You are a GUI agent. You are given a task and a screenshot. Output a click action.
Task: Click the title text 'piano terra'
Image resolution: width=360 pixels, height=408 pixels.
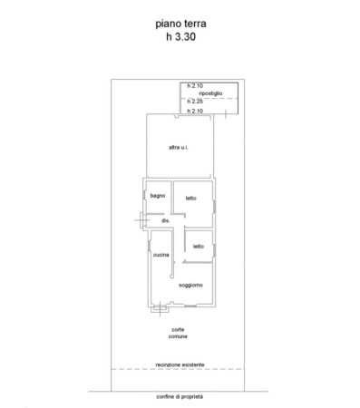pyautogui.click(x=180, y=24)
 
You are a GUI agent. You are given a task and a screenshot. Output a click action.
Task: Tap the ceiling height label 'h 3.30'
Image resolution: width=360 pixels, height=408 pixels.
pyautogui.click(x=180, y=36)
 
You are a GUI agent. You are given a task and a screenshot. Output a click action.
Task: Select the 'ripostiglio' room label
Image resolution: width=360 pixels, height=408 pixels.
pyautogui.click(x=210, y=93)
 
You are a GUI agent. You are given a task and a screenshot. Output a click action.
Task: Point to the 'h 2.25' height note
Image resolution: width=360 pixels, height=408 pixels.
pyautogui.click(x=195, y=102)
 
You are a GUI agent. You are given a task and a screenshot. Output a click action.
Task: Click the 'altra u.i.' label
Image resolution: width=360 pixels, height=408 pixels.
pyautogui.click(x=179, y=147)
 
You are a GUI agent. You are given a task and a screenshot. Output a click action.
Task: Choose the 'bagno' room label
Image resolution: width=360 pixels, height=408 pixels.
pyautogui.click(x=158, y=196)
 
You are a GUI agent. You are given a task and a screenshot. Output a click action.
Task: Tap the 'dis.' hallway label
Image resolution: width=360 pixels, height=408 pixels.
pyautogui.click(x=166, y=220)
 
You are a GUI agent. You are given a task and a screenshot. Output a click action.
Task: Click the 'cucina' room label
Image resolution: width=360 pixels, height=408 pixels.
pyautogui.click(x=161, y=255)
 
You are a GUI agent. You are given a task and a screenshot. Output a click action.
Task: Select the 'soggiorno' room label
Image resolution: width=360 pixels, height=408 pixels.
pyautogui.click(x=190, y=285)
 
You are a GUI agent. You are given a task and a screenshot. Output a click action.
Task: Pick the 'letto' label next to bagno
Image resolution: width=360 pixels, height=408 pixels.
pyautogui.click(x=191, y=199)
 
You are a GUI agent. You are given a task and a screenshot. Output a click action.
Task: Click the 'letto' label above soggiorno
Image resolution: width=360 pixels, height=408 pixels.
pyautogui.click(x=199, y=247)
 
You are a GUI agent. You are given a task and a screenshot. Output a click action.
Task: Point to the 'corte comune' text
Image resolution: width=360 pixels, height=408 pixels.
pyautogui.click(x=178, y=333)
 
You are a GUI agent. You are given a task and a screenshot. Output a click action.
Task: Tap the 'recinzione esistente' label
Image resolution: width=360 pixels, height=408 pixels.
pyautogui.click(x=180, y=364)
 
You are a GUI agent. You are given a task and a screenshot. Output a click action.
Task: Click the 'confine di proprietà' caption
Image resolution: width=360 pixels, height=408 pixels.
pyautogui.click(x=180, y=397)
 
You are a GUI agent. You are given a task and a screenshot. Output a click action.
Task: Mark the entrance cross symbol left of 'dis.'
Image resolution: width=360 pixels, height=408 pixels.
pyautogui.click(x=141, y=220)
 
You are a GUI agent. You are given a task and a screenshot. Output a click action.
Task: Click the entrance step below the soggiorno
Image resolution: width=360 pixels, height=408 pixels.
pyautogui.click(x=160, y=309)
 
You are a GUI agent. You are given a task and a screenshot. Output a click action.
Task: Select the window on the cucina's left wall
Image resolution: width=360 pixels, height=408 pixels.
pyautogui.click(x=150, y=246)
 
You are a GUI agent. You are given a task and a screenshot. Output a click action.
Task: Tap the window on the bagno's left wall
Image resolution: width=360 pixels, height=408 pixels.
pyautogui.click(x=144, y=194)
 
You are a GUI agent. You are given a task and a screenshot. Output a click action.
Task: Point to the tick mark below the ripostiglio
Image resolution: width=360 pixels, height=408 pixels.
pyautogui.click(x=226, y=114)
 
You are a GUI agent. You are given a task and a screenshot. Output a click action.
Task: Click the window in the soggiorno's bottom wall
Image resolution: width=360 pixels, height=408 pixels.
pyautogui.click(x=190, y=306)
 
